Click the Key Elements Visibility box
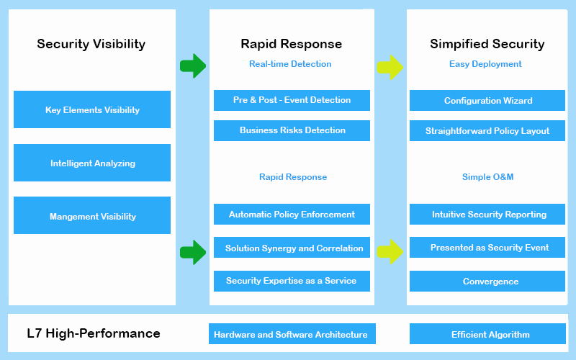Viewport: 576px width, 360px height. pos(92,109)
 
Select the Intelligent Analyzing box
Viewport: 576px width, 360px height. pos(92,163)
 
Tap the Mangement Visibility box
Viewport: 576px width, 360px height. pos(92,215)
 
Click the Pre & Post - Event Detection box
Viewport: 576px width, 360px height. pos(292,100)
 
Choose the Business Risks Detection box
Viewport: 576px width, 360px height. pos(292,130)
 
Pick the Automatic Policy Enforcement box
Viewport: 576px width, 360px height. pos(292,214)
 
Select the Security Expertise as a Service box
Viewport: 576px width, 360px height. pos(292,281)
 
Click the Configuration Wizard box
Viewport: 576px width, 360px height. pos(487,100)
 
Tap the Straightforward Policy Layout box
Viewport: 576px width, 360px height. pos(487,130)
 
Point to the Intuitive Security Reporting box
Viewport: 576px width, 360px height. pos(487,214)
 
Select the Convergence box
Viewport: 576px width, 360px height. pos(487,281)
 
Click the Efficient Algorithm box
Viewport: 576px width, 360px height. pos(487,333)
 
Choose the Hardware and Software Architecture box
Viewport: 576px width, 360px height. pos(292,333)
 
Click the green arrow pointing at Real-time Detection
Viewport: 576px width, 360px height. pos(193,66)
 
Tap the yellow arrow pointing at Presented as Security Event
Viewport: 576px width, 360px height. pos(390,251)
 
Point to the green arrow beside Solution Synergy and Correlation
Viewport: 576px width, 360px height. pos(193,253)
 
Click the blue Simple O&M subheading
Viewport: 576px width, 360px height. pos(488,177)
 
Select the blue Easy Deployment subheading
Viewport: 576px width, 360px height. pos(485,64)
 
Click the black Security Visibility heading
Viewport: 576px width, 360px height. pos(91,44)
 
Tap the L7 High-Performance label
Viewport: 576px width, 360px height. pos(94,333)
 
